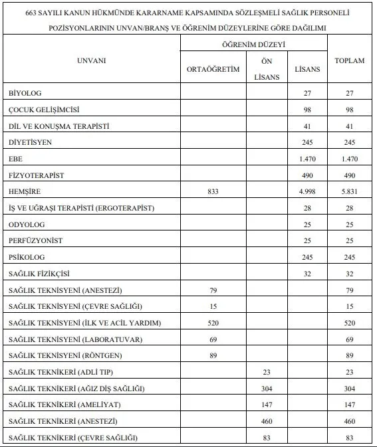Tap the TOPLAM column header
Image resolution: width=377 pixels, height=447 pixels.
349,61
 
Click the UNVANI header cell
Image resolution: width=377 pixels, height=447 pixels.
91,61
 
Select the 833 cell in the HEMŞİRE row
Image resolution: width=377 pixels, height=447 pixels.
213,191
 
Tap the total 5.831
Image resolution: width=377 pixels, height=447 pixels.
349,191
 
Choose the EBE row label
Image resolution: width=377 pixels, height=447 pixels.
15,158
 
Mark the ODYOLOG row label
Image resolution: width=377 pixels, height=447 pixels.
27,224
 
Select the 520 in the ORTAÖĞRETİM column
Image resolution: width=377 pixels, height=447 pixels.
213,323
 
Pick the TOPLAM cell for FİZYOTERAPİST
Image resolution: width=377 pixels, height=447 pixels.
349,175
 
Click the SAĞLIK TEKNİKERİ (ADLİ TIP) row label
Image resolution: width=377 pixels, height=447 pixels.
66,372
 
